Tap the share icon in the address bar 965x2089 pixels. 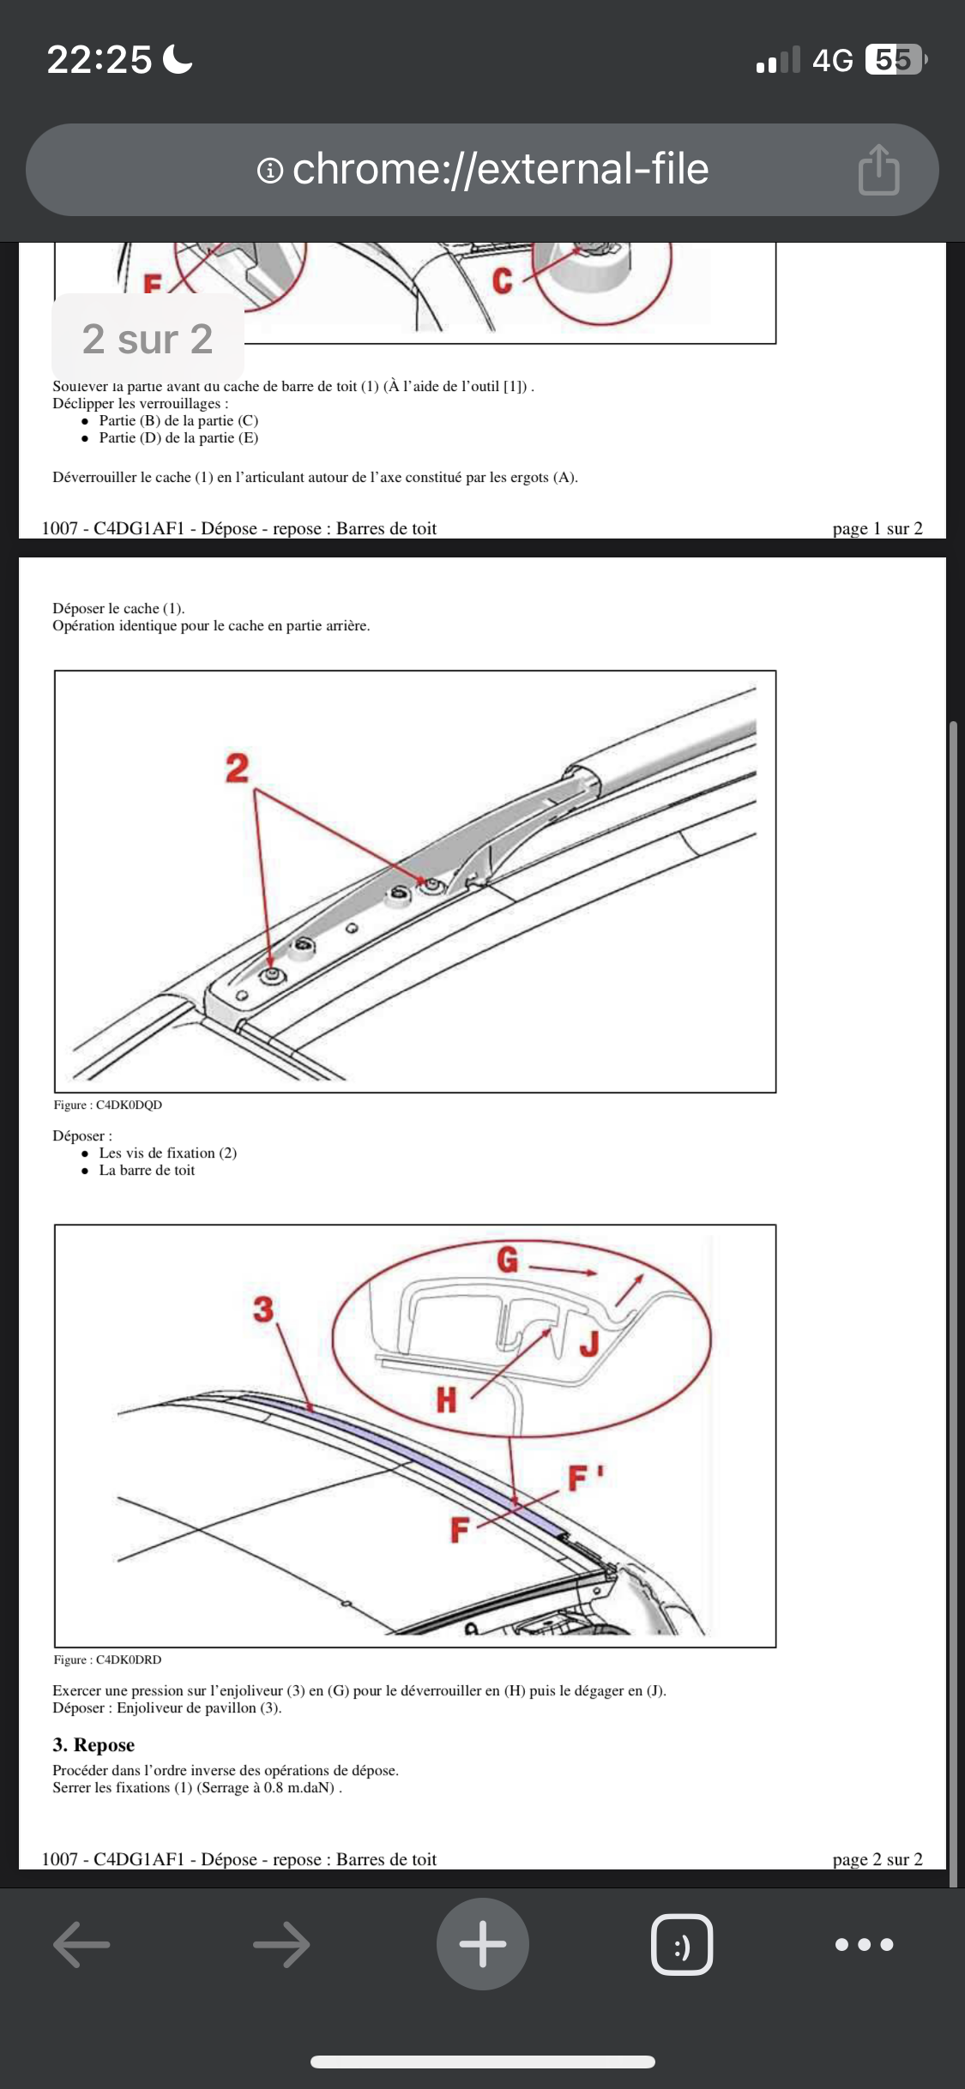[x=878, y=170]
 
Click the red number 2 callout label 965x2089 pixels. [x=237, y=768]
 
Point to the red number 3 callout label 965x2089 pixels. [x=263, y=1309]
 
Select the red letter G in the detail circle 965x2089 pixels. [x=508, y=1260]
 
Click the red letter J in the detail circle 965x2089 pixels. [x=588, y=1343]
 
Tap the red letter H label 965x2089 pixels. [x=446, y=1400]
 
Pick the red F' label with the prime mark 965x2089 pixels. [x=585, y=1478]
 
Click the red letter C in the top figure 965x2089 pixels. [x=503, y=280]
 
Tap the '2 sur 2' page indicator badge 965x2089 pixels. [x=148, y=339]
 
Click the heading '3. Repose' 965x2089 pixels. [x=93, y=1744]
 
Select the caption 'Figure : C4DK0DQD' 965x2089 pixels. [x=108, y=1105]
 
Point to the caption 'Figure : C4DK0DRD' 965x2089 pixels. [x=108, y=1659]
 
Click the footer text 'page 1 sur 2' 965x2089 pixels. [x=877, y=528]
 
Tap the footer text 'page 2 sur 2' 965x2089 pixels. [x=877, y=1859]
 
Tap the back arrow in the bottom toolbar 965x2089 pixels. [x=81, y=1944]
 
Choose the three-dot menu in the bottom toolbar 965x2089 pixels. [x=864, y=1944]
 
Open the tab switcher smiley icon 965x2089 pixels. [x=682, y=1944]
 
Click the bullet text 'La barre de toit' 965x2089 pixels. [x=147, y=1170]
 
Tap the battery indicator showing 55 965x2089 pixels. [x=894, y=60]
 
